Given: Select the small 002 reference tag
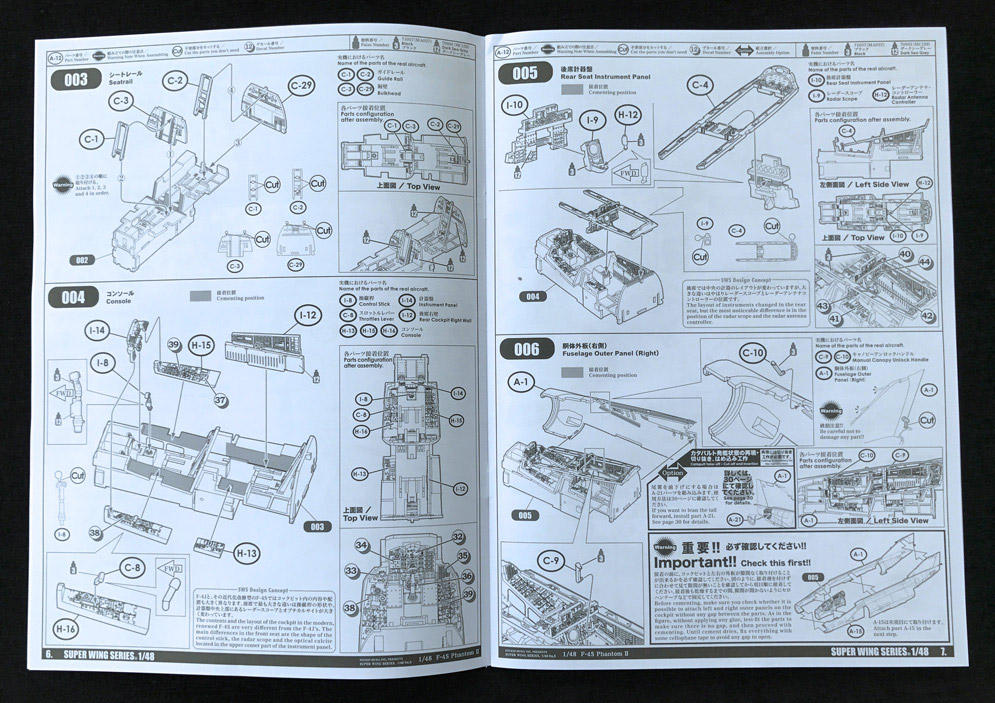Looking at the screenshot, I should point(81,260).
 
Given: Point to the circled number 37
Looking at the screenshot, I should point(220,401).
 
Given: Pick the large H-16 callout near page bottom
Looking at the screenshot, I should point(67,629).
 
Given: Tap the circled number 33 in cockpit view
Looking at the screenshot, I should point(351,570).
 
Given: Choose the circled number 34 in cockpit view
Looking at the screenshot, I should point(361,545).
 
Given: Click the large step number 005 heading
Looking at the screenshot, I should point(524,73).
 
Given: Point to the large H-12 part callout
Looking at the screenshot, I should point(627,115).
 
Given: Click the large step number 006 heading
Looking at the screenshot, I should point(524,349).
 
